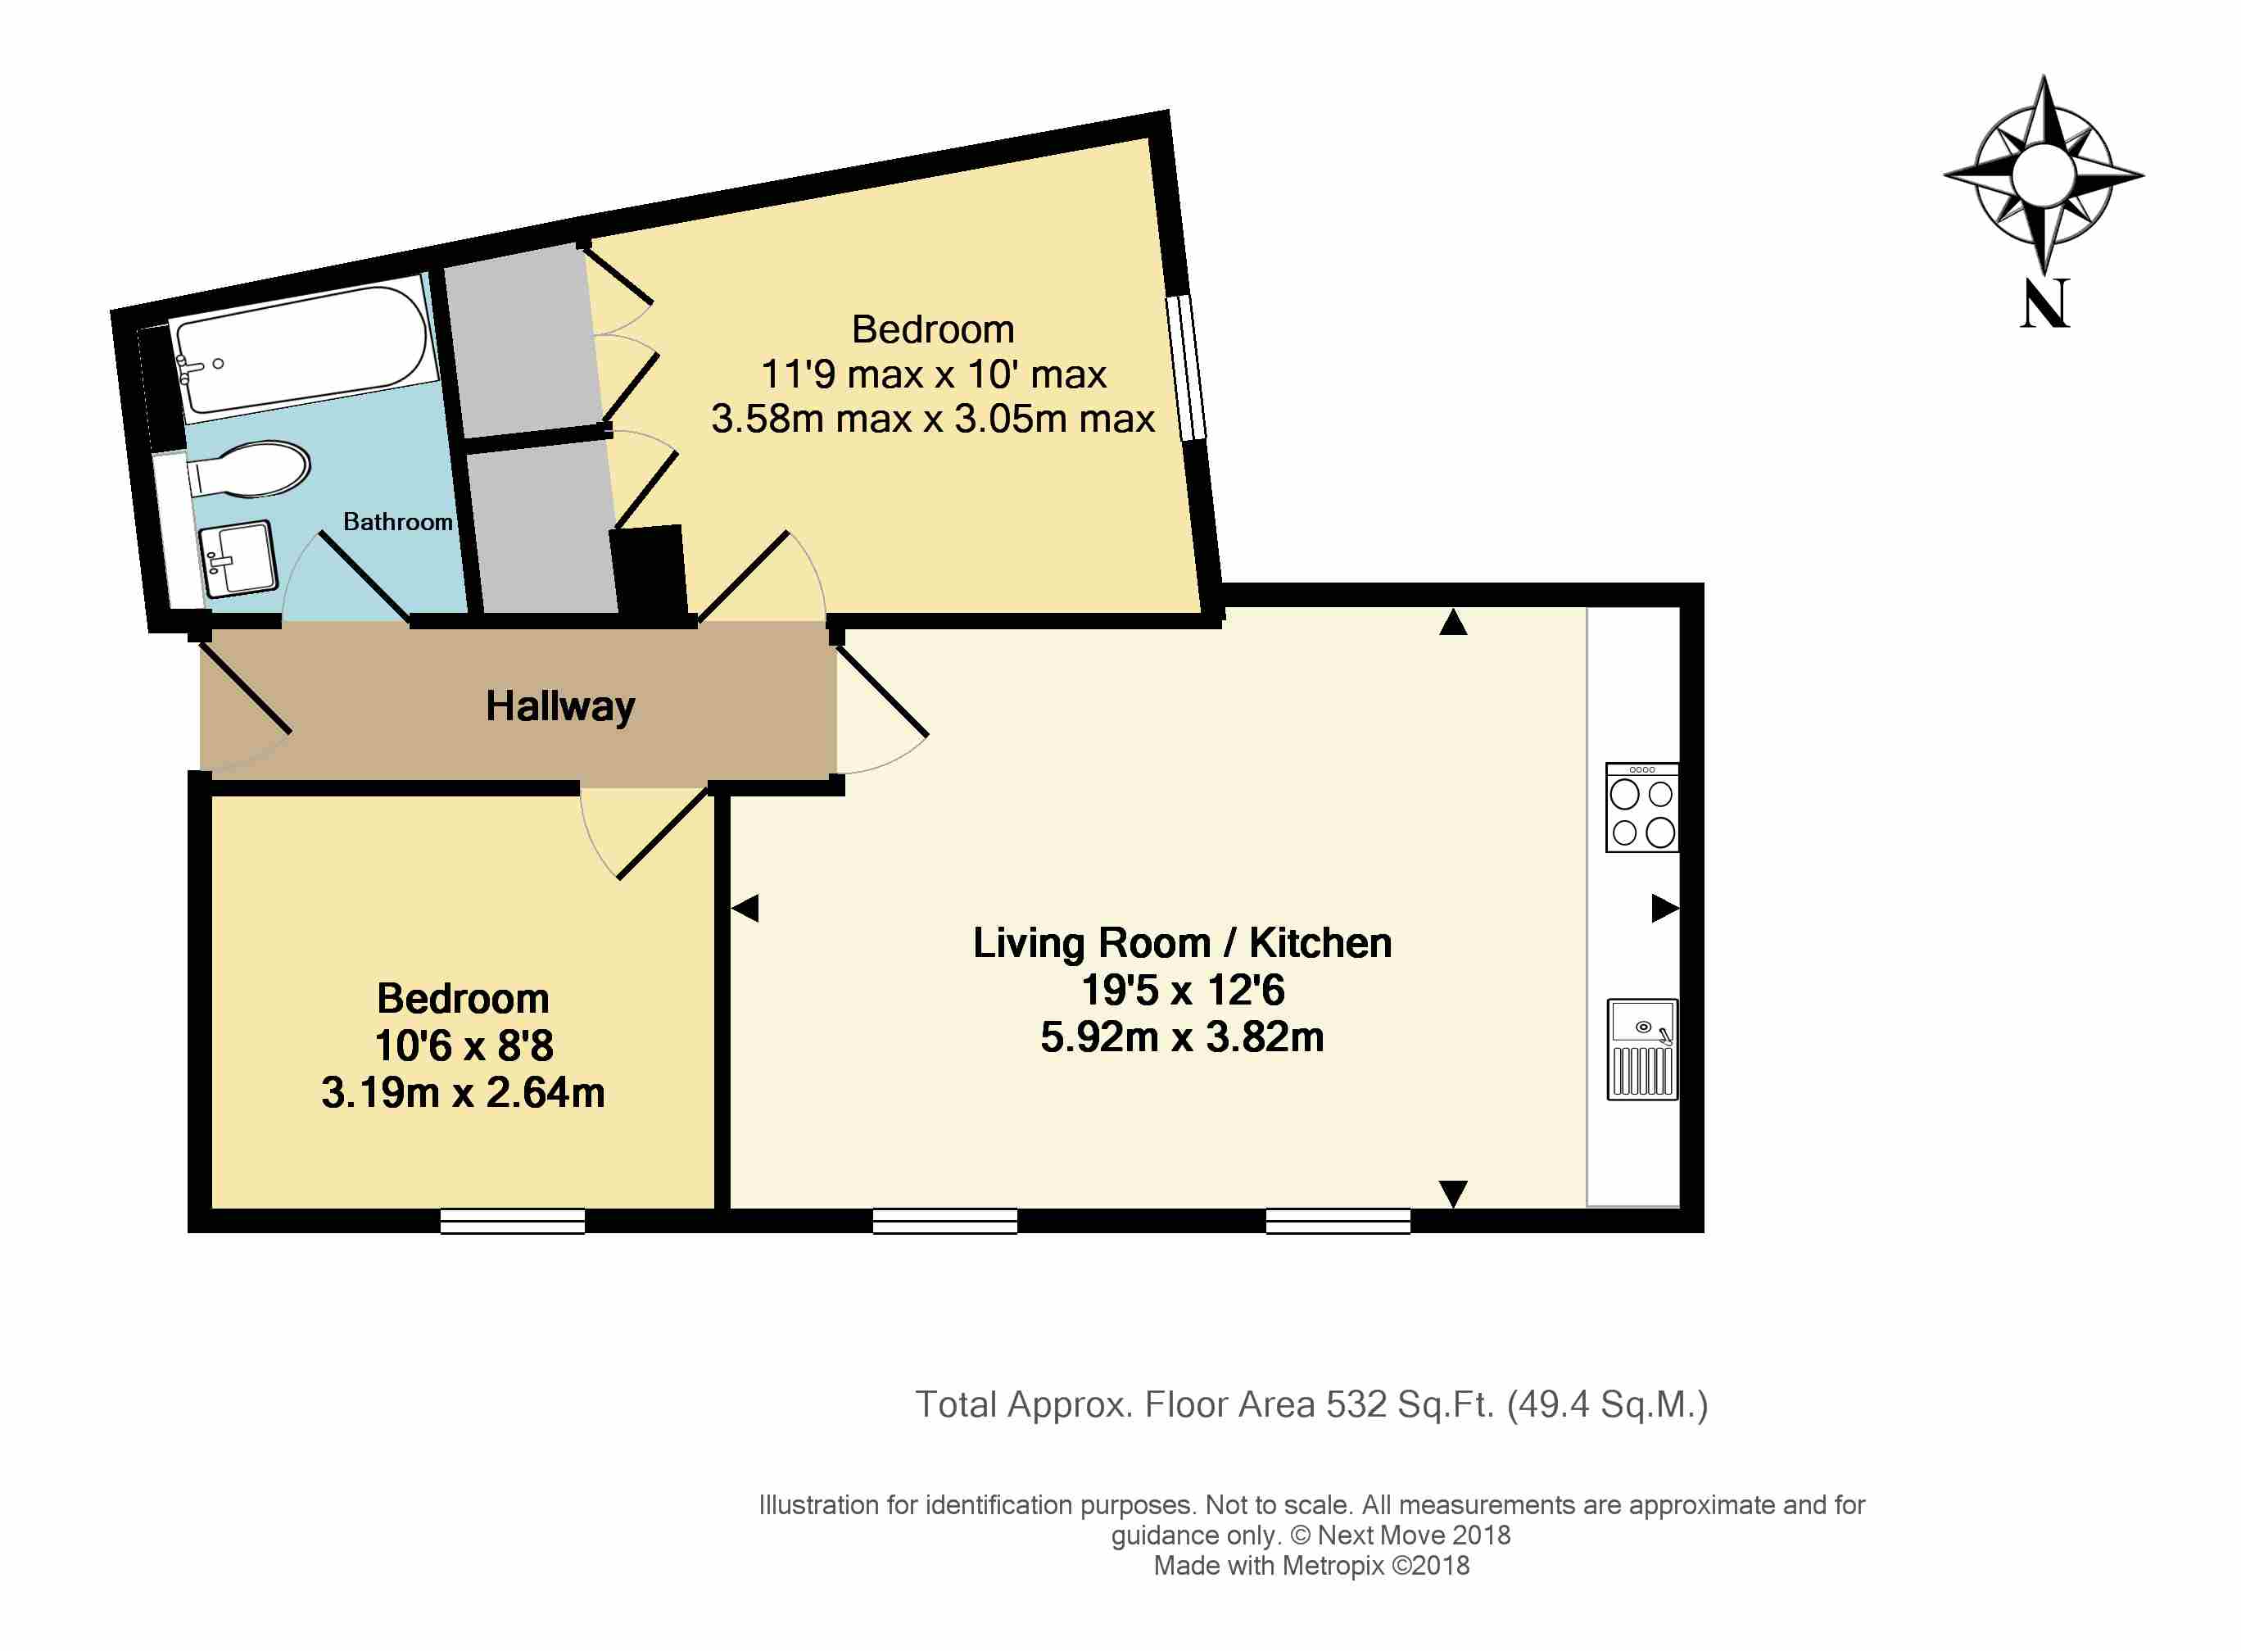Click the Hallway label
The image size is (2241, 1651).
coord(559,706)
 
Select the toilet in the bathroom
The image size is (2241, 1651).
coord(249,469)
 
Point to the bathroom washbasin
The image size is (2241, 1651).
coord(238,560)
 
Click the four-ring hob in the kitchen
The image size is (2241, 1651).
coord(1641,808)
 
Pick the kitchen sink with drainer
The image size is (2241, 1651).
coord(1641,1050)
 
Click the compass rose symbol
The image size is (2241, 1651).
coord(2043,175)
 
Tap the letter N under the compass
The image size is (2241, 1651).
coord(2044,303)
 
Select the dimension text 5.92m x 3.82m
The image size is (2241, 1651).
coord(1182,1036)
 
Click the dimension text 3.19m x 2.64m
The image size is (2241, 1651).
coord(463,1092)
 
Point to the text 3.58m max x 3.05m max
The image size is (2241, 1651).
coord(932,418)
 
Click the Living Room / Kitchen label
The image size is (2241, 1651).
coord(1182,942)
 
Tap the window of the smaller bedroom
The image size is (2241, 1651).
coord(513,1220)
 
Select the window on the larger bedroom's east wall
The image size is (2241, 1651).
coord(1186,367)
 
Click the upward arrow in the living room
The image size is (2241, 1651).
coord(1453,622)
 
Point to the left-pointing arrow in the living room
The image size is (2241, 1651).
coord(745,908)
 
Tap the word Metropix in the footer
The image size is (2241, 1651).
coord(1333,1565)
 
